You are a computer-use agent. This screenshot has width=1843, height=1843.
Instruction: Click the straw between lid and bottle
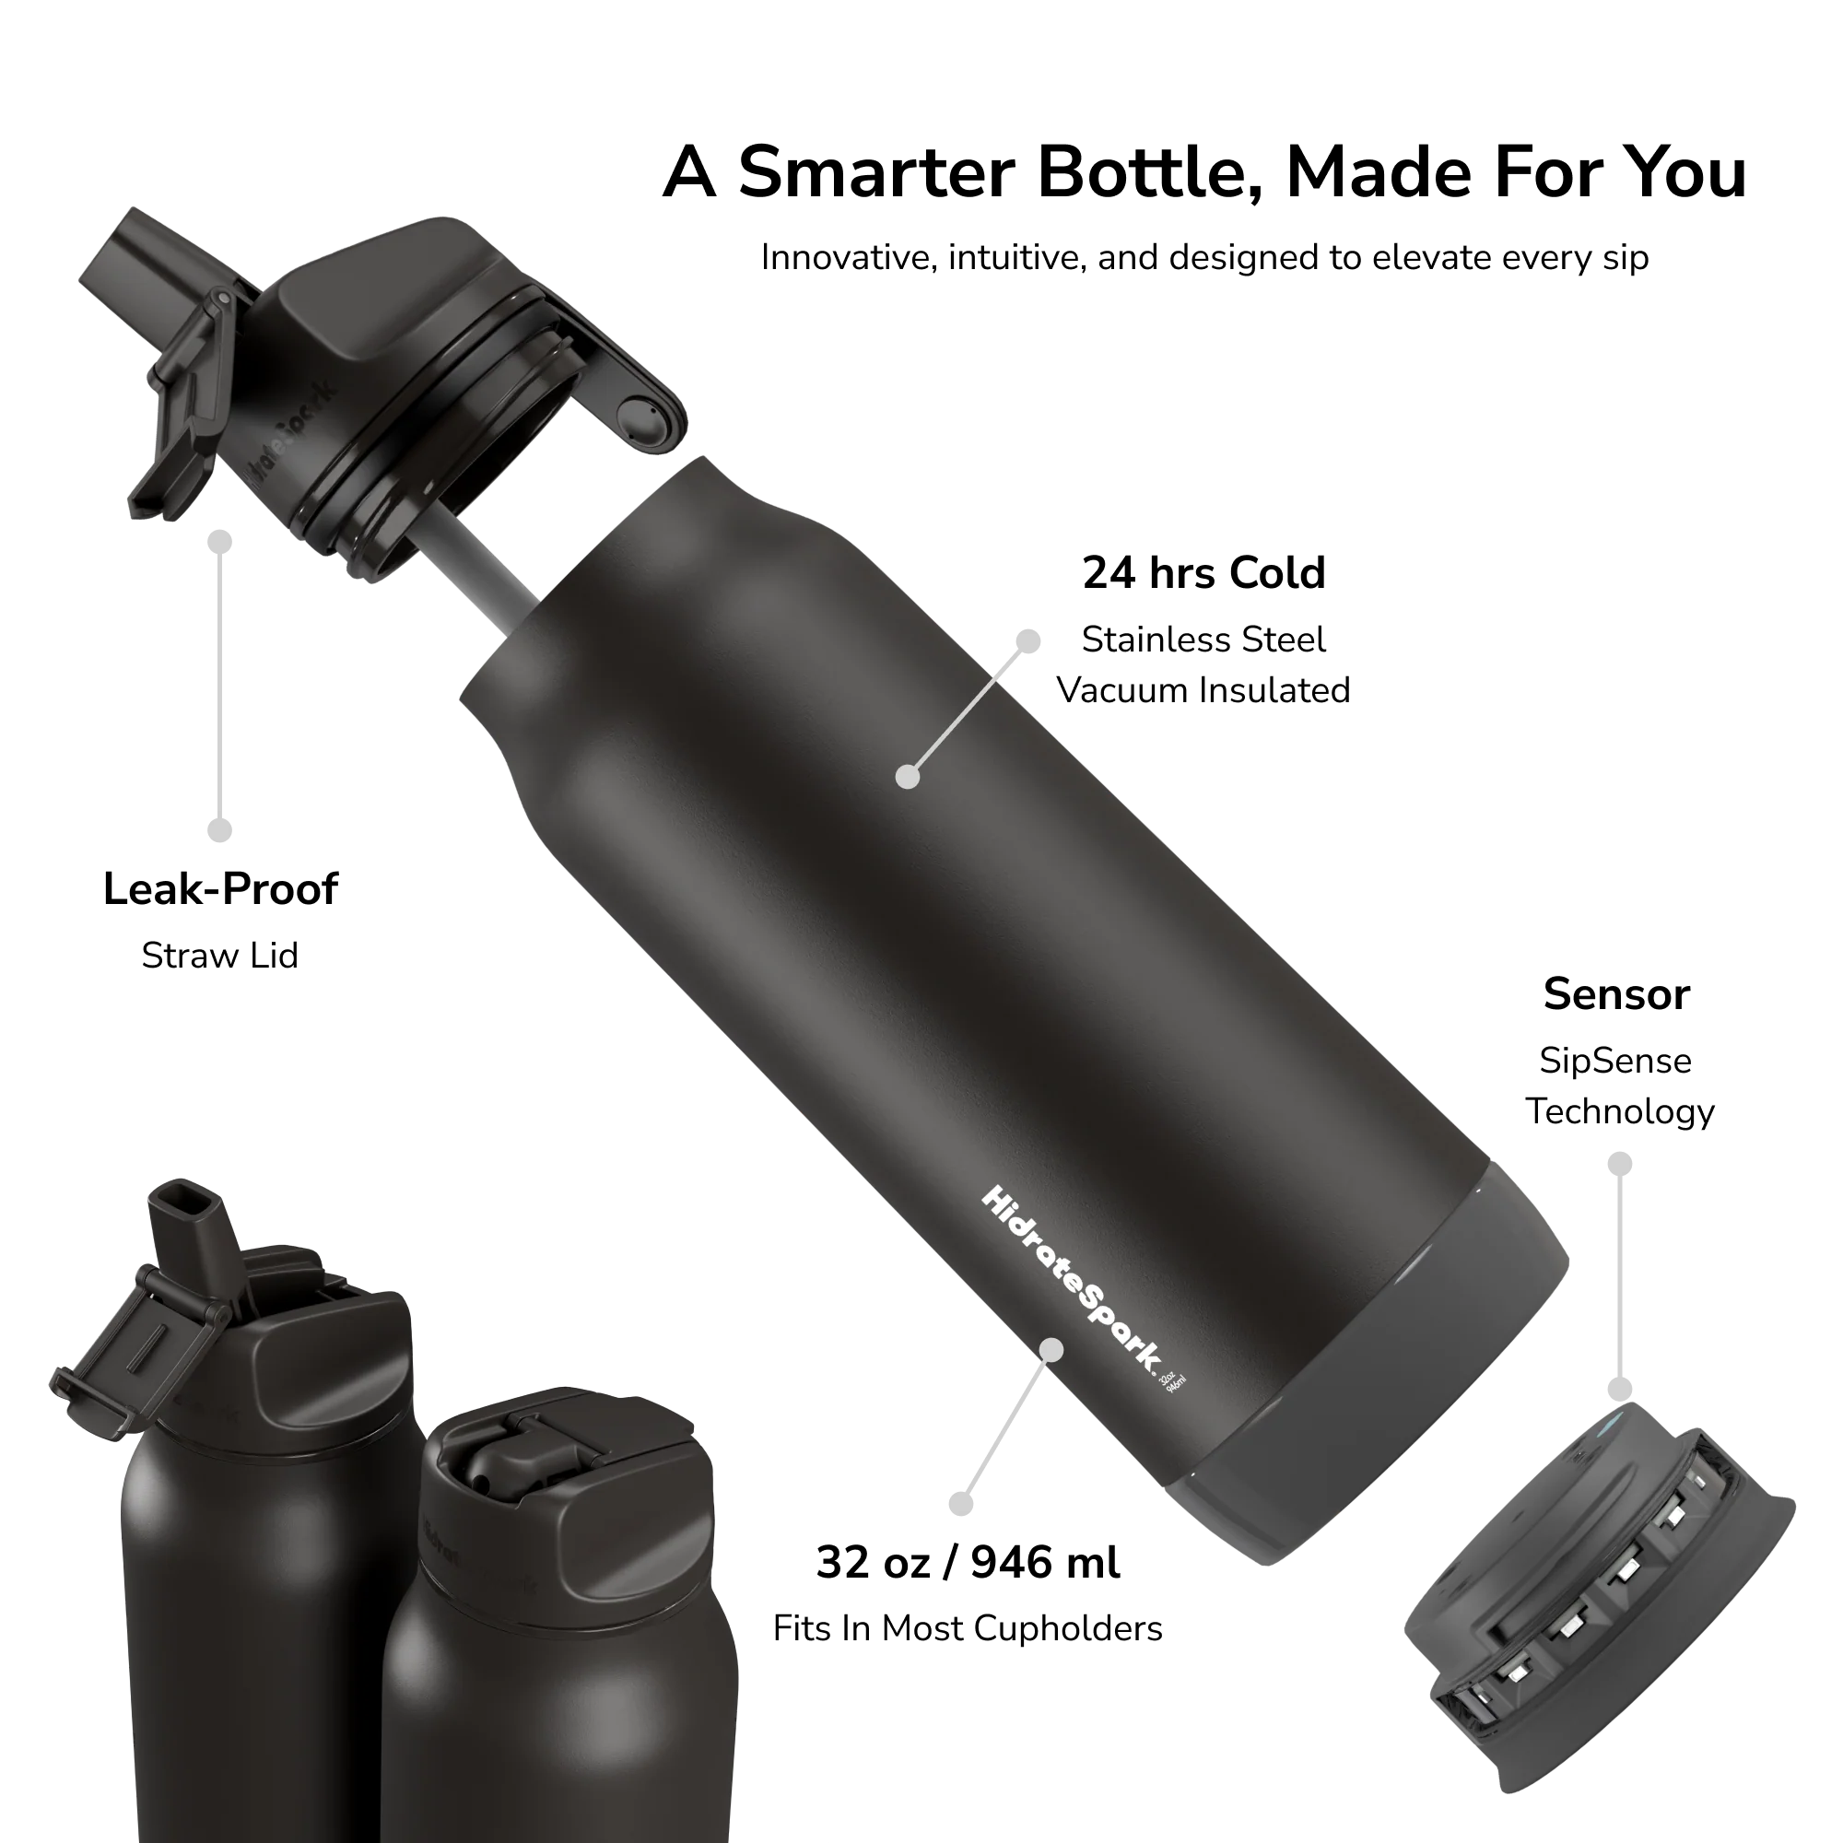[481, 581]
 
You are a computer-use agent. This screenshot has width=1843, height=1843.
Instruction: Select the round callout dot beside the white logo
[1051, 1349]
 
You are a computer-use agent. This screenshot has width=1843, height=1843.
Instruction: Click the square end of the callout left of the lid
[220, 832]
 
